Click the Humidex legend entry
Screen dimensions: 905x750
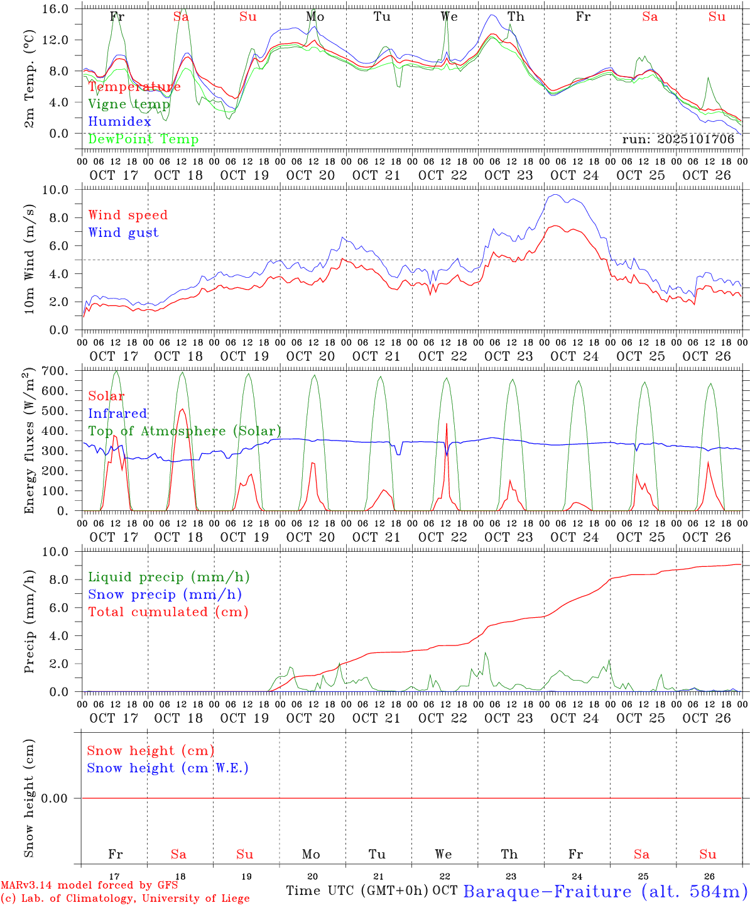[120, 122]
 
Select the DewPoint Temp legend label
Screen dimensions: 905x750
[143, 140]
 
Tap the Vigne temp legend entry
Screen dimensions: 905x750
[129, 104]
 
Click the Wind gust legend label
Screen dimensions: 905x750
[123, 233]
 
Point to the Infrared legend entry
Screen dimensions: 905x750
[117, 414]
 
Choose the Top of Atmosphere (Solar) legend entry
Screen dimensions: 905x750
[185, 431]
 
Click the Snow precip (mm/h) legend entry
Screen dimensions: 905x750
[165, 595]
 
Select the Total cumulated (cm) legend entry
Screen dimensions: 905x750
[168, 612]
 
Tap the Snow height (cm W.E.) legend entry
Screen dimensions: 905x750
[168, 768]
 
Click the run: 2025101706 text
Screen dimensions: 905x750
[678, 140]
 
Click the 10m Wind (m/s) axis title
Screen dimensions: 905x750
[30, 260]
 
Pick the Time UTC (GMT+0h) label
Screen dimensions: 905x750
[357, 891]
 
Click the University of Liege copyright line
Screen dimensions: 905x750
[125, 898]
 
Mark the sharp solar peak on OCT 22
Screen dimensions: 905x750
[447, 424]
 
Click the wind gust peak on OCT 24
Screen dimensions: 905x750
[555, 195]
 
